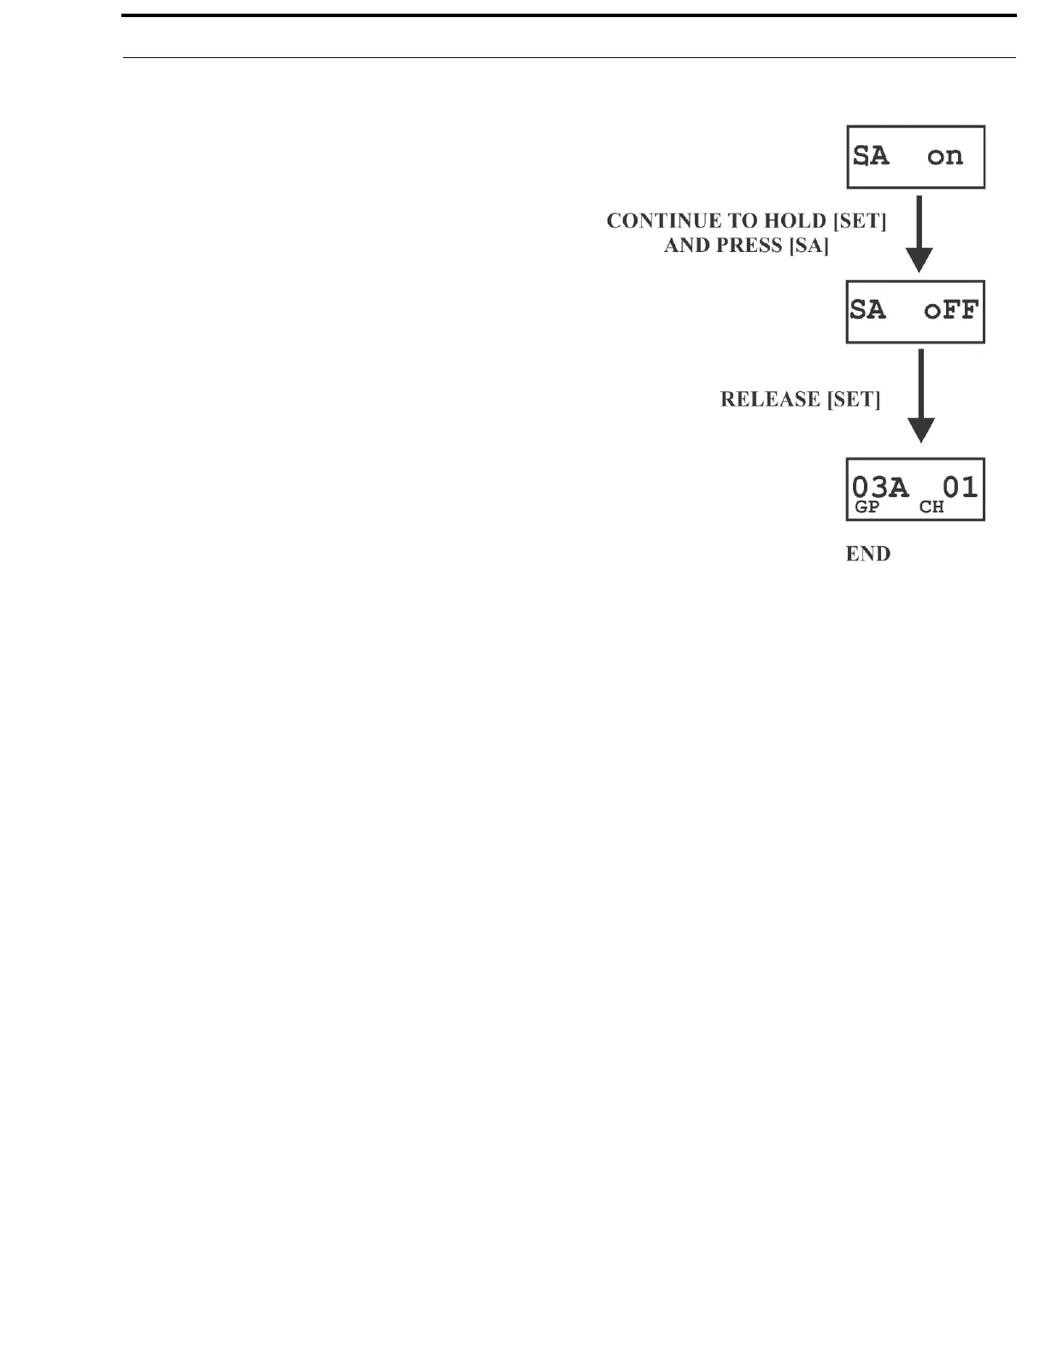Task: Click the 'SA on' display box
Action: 915,157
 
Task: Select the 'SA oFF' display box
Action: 915,312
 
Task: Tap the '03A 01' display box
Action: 915,489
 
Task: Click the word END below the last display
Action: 867,554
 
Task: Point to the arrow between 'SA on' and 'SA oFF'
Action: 919,232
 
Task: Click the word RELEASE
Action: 770,400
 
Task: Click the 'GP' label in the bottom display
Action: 867,507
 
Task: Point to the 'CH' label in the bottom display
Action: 931,507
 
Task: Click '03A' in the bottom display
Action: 880,488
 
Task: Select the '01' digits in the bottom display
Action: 960,487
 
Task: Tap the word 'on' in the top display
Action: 945,156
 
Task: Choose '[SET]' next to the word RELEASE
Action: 853,400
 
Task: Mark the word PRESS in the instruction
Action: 752,247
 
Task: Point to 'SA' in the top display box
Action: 872,156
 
